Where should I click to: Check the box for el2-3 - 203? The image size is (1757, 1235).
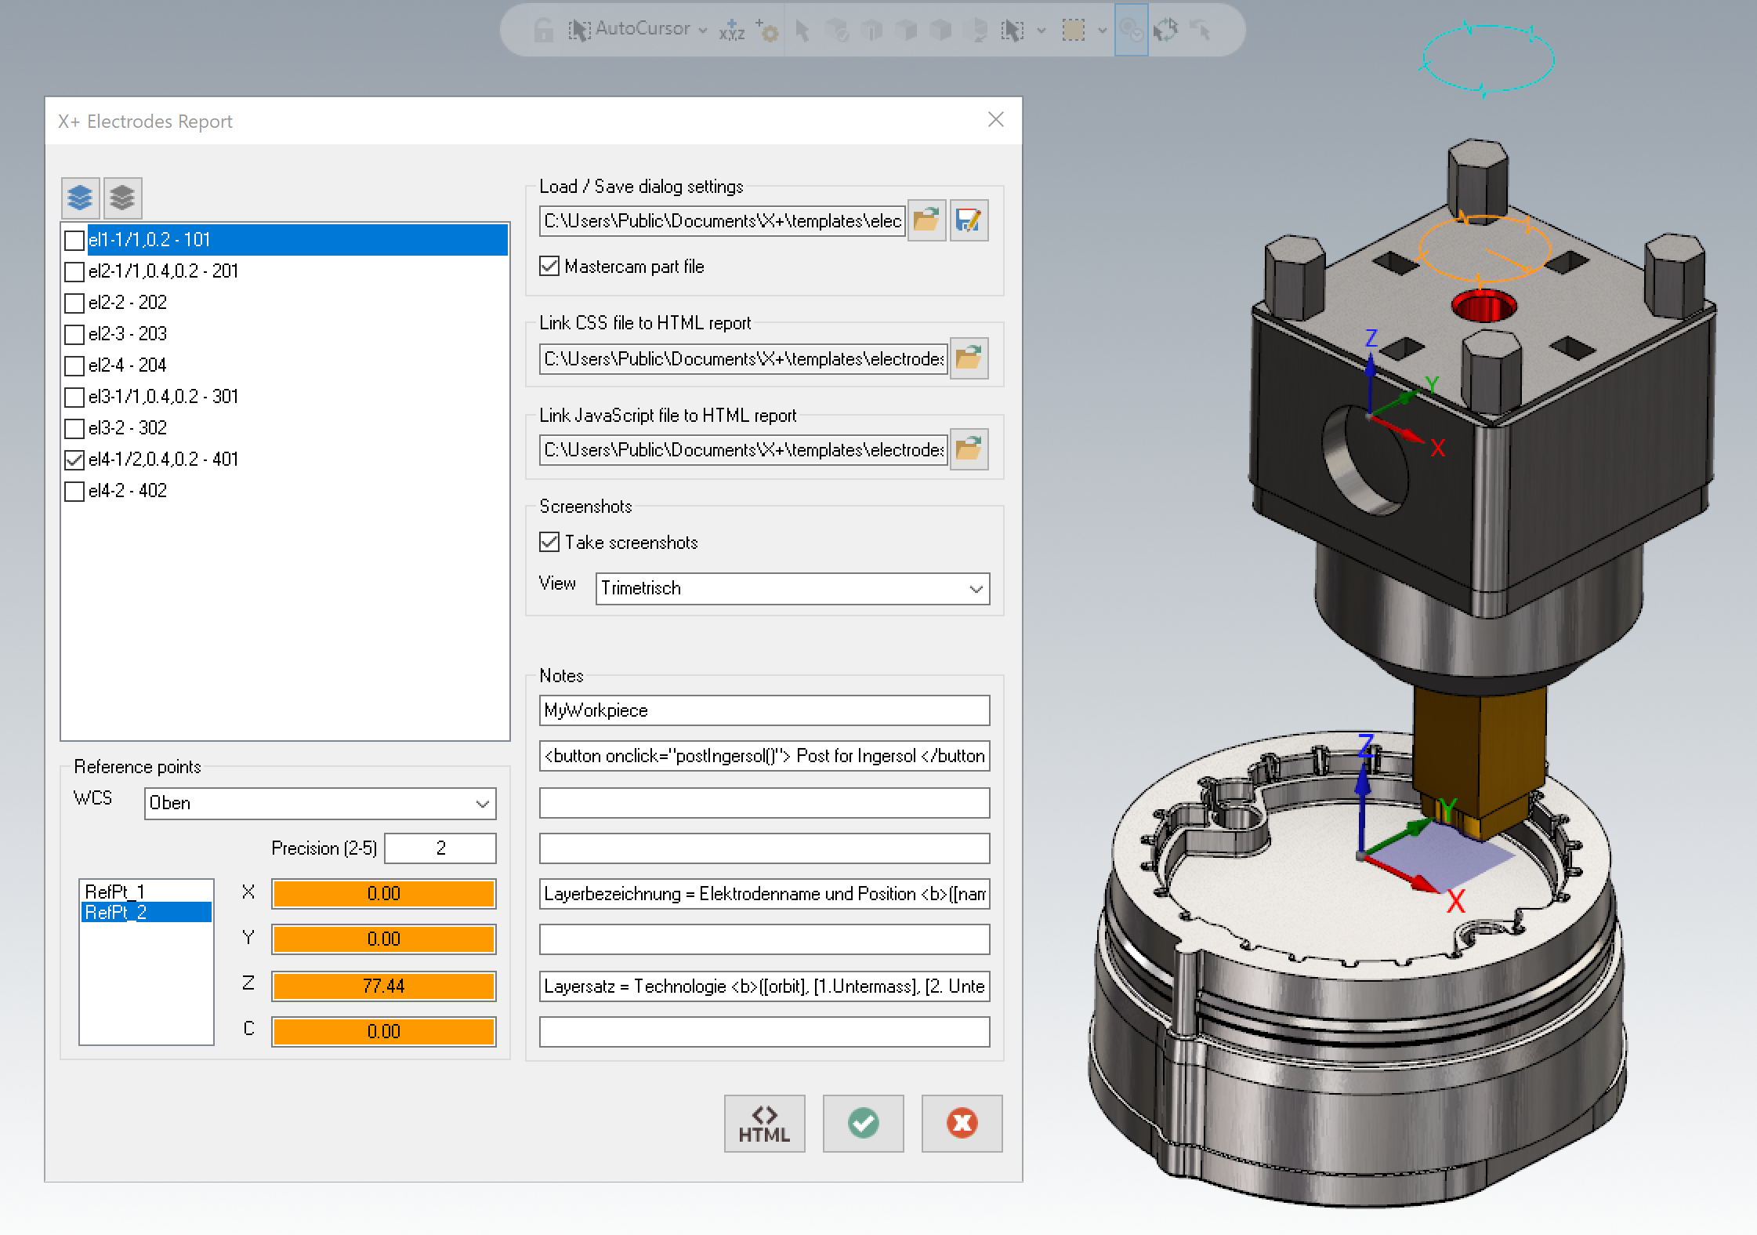click(x=74, y=335)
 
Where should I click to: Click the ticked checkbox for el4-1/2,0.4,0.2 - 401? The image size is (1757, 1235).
click(x=74, y=460)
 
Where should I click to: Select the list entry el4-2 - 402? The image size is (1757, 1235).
click(x=128, y=491)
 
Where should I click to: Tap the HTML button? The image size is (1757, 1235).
click(x=764, y=1124)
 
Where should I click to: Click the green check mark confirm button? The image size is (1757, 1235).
click(x=863, y=1124)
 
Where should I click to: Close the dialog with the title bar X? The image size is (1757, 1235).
click(x=996, y=119)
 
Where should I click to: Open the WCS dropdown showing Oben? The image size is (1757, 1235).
click(x=320, y=804)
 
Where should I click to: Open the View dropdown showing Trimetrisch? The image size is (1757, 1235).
click(x=792, y=589)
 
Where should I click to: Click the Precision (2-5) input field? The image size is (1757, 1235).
click(x=440, y=848)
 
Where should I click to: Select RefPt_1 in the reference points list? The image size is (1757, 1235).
click(x=115, y=892)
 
